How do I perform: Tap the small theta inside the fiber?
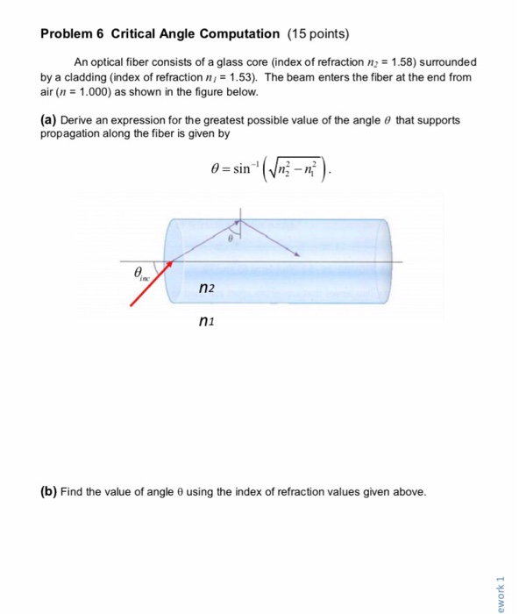pyautogui.click(x=231, y=238)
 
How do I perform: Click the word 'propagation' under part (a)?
pyautogui.click(x=71, y=133)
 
